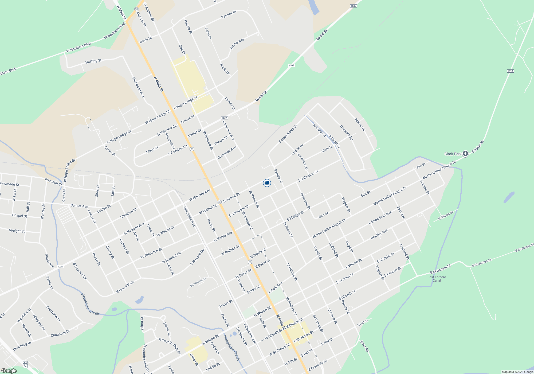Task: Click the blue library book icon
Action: [x=267, y=183]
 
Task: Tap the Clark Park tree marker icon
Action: [x=465, y=154]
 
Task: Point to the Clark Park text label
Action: [x=453, y=154]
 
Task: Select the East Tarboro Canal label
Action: [x=437, y=279]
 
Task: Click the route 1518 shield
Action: [x=510, y=71]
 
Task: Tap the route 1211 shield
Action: [x=61, y=267]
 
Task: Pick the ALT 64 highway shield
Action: [x=25, y=364]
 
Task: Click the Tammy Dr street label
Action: [x=229, y=14]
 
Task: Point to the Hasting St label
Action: [x=93, y=61]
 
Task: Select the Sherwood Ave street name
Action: [x=138, y=87]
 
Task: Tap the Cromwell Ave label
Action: [x=227, y=152]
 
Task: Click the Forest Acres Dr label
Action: [x=288, y=133]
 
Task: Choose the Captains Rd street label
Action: [x=346, y=133]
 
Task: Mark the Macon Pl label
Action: [x=360, y=124]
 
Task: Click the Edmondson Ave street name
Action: [x=380, y=218]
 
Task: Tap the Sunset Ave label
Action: [x=79, y=206]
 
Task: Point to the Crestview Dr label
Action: [x=53, y=314]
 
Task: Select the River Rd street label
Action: [x=364, y=346]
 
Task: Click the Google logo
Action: [x=9, y=371]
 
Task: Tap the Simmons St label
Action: [x=198, y=282]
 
